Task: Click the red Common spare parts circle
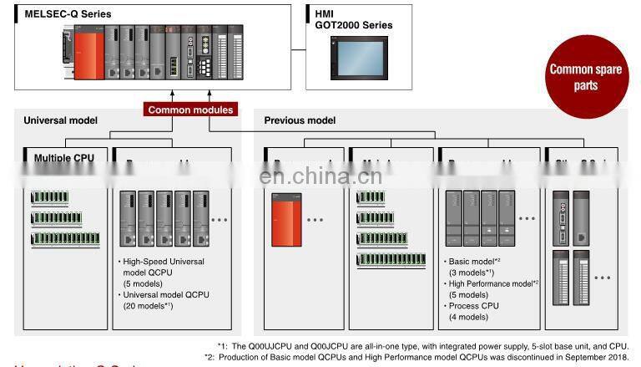[585, 78]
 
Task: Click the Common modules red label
[190, 110]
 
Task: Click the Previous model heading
[300, 120]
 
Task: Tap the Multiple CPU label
[64, 157]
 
